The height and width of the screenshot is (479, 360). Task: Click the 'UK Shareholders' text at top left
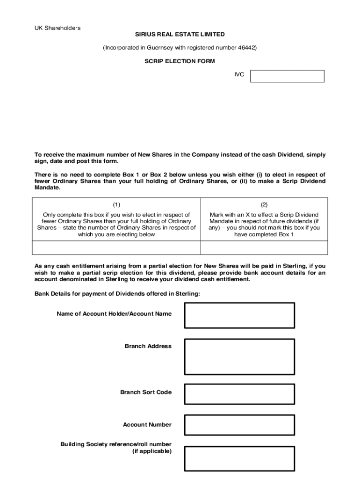tap(57, 28)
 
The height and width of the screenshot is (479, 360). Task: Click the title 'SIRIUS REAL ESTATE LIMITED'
tap(180, 35)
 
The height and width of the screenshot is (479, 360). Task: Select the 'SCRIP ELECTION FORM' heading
tap(180, 61)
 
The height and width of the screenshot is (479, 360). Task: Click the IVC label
tap(239, 74)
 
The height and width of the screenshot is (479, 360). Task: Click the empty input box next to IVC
tap(287, 76)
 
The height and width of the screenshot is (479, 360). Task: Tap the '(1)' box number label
tap(116, 205)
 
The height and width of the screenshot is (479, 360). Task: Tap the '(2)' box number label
tap(264, 205)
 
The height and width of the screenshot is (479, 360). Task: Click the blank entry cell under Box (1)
tap(116, 247)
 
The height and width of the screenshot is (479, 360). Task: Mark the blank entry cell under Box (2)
tap(264, 247)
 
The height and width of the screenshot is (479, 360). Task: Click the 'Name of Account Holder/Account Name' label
tap(114, 314)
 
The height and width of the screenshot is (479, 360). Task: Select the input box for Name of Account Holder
tap(239, 315)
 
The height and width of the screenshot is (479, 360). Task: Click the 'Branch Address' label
tap(148, 347)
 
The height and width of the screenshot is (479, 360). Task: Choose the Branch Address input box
tap(239, 357)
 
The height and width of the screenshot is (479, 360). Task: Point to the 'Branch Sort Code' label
tap(145, 392)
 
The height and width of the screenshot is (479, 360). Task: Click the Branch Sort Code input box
tap(239, 394)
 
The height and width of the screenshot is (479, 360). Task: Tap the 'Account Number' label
tap(147, 425)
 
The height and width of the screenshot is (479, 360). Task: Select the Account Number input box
tap(239, 425)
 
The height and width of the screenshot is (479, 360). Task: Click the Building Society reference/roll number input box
tap(239, 458)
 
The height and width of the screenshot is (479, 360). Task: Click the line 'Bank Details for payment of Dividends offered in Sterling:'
tap(117, 294)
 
